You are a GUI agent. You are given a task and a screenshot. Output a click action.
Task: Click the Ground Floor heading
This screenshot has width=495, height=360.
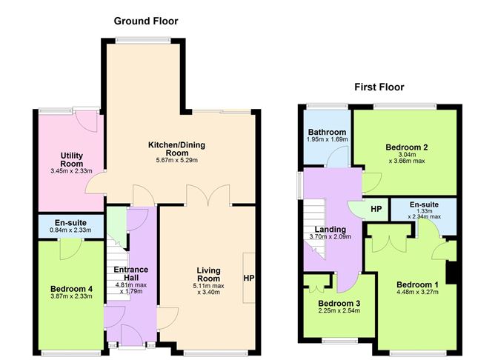[x=146, y=21]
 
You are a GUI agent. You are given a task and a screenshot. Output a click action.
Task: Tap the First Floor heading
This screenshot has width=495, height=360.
[x=379, y=87]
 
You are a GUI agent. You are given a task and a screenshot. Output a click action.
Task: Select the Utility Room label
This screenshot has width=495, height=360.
[x=72, y=160]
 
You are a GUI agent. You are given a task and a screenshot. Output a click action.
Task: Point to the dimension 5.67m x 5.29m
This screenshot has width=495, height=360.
[x=177, y=160]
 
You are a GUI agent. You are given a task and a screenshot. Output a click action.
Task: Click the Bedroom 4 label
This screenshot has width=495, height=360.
[x=71, y=289]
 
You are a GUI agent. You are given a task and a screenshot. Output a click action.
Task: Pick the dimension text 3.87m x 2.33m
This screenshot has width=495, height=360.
[x=71, y=296]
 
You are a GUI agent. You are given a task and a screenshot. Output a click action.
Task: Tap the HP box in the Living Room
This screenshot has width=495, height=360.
[x=249, y=278]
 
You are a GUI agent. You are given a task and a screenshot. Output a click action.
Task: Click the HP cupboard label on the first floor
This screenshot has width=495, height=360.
[x=376, y=209]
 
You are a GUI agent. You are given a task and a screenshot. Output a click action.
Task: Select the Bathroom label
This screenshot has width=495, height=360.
[x=327, y=132]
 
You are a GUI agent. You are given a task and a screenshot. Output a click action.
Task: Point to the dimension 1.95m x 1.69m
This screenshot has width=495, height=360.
[x=327, y=139]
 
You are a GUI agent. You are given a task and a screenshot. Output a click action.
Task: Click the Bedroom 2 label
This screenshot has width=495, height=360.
[x=407, y=147]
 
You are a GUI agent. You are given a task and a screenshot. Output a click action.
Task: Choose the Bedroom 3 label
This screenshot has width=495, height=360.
[x=339, y=304]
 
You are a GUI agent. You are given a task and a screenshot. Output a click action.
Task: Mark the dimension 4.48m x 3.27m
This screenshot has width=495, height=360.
[x=417, y=292]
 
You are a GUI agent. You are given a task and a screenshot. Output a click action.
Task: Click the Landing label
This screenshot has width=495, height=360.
[x=330, y=230]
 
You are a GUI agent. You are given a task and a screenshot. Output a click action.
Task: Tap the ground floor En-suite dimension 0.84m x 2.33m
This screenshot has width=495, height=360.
[x=70, y=230]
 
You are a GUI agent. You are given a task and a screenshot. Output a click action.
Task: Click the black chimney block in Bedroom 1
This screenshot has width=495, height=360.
[x=452, y=273]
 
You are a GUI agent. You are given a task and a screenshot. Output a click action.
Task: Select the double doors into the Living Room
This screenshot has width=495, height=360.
[x=208, y=196]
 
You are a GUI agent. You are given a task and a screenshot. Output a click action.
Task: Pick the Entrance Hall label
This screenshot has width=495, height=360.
[x=131, y=273]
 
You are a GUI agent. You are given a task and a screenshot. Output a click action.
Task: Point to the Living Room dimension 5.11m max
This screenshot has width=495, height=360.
[x=208, y=286]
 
